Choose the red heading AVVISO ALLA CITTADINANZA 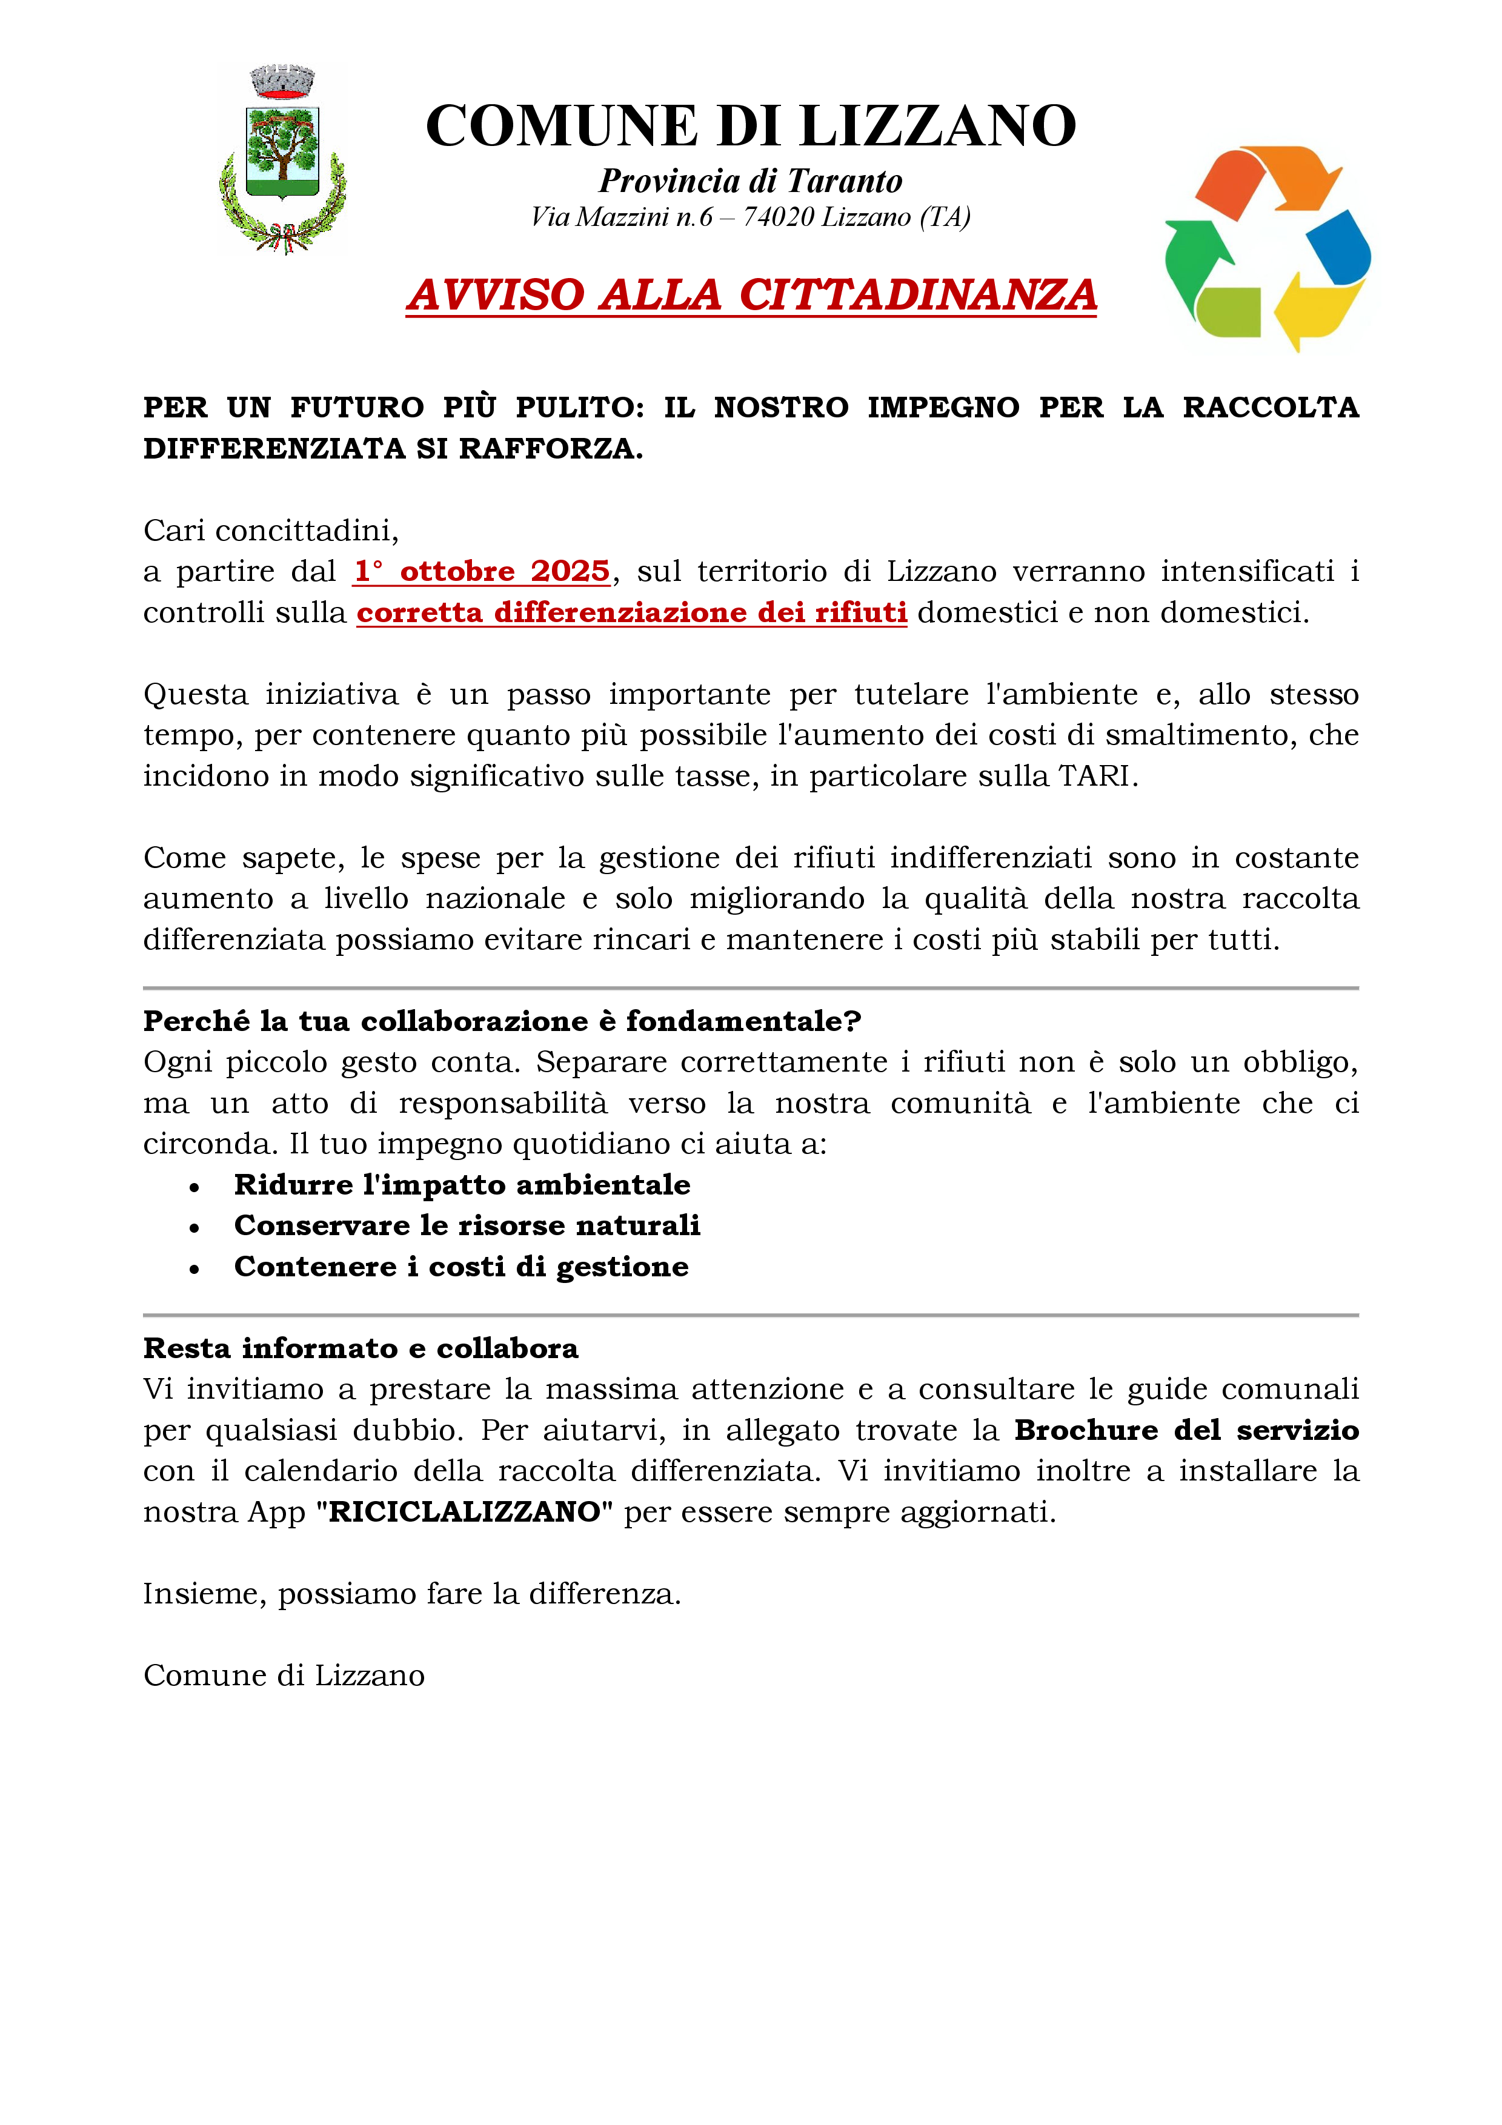pyautogui.click(x=751, y=295)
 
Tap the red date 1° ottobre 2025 pyautogui.click(x=481, y=572)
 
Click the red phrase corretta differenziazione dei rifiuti pyautogui.click(x=631, y=612)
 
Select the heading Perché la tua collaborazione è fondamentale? pyautogui.click(x=502, y=1021)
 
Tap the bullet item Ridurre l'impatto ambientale pyautogui.click(x=462, y=1185)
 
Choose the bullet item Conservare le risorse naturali pyautogui.click(x=467, y=1225)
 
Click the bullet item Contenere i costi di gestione pyautogui.click(x=461, y=1266)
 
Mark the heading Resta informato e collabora pyautogui.click(x=361, y=1348)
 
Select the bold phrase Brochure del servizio pyautogui.click(x=1186, y=1430)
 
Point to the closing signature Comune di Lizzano pyautogui.click(x=284, y=1675)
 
